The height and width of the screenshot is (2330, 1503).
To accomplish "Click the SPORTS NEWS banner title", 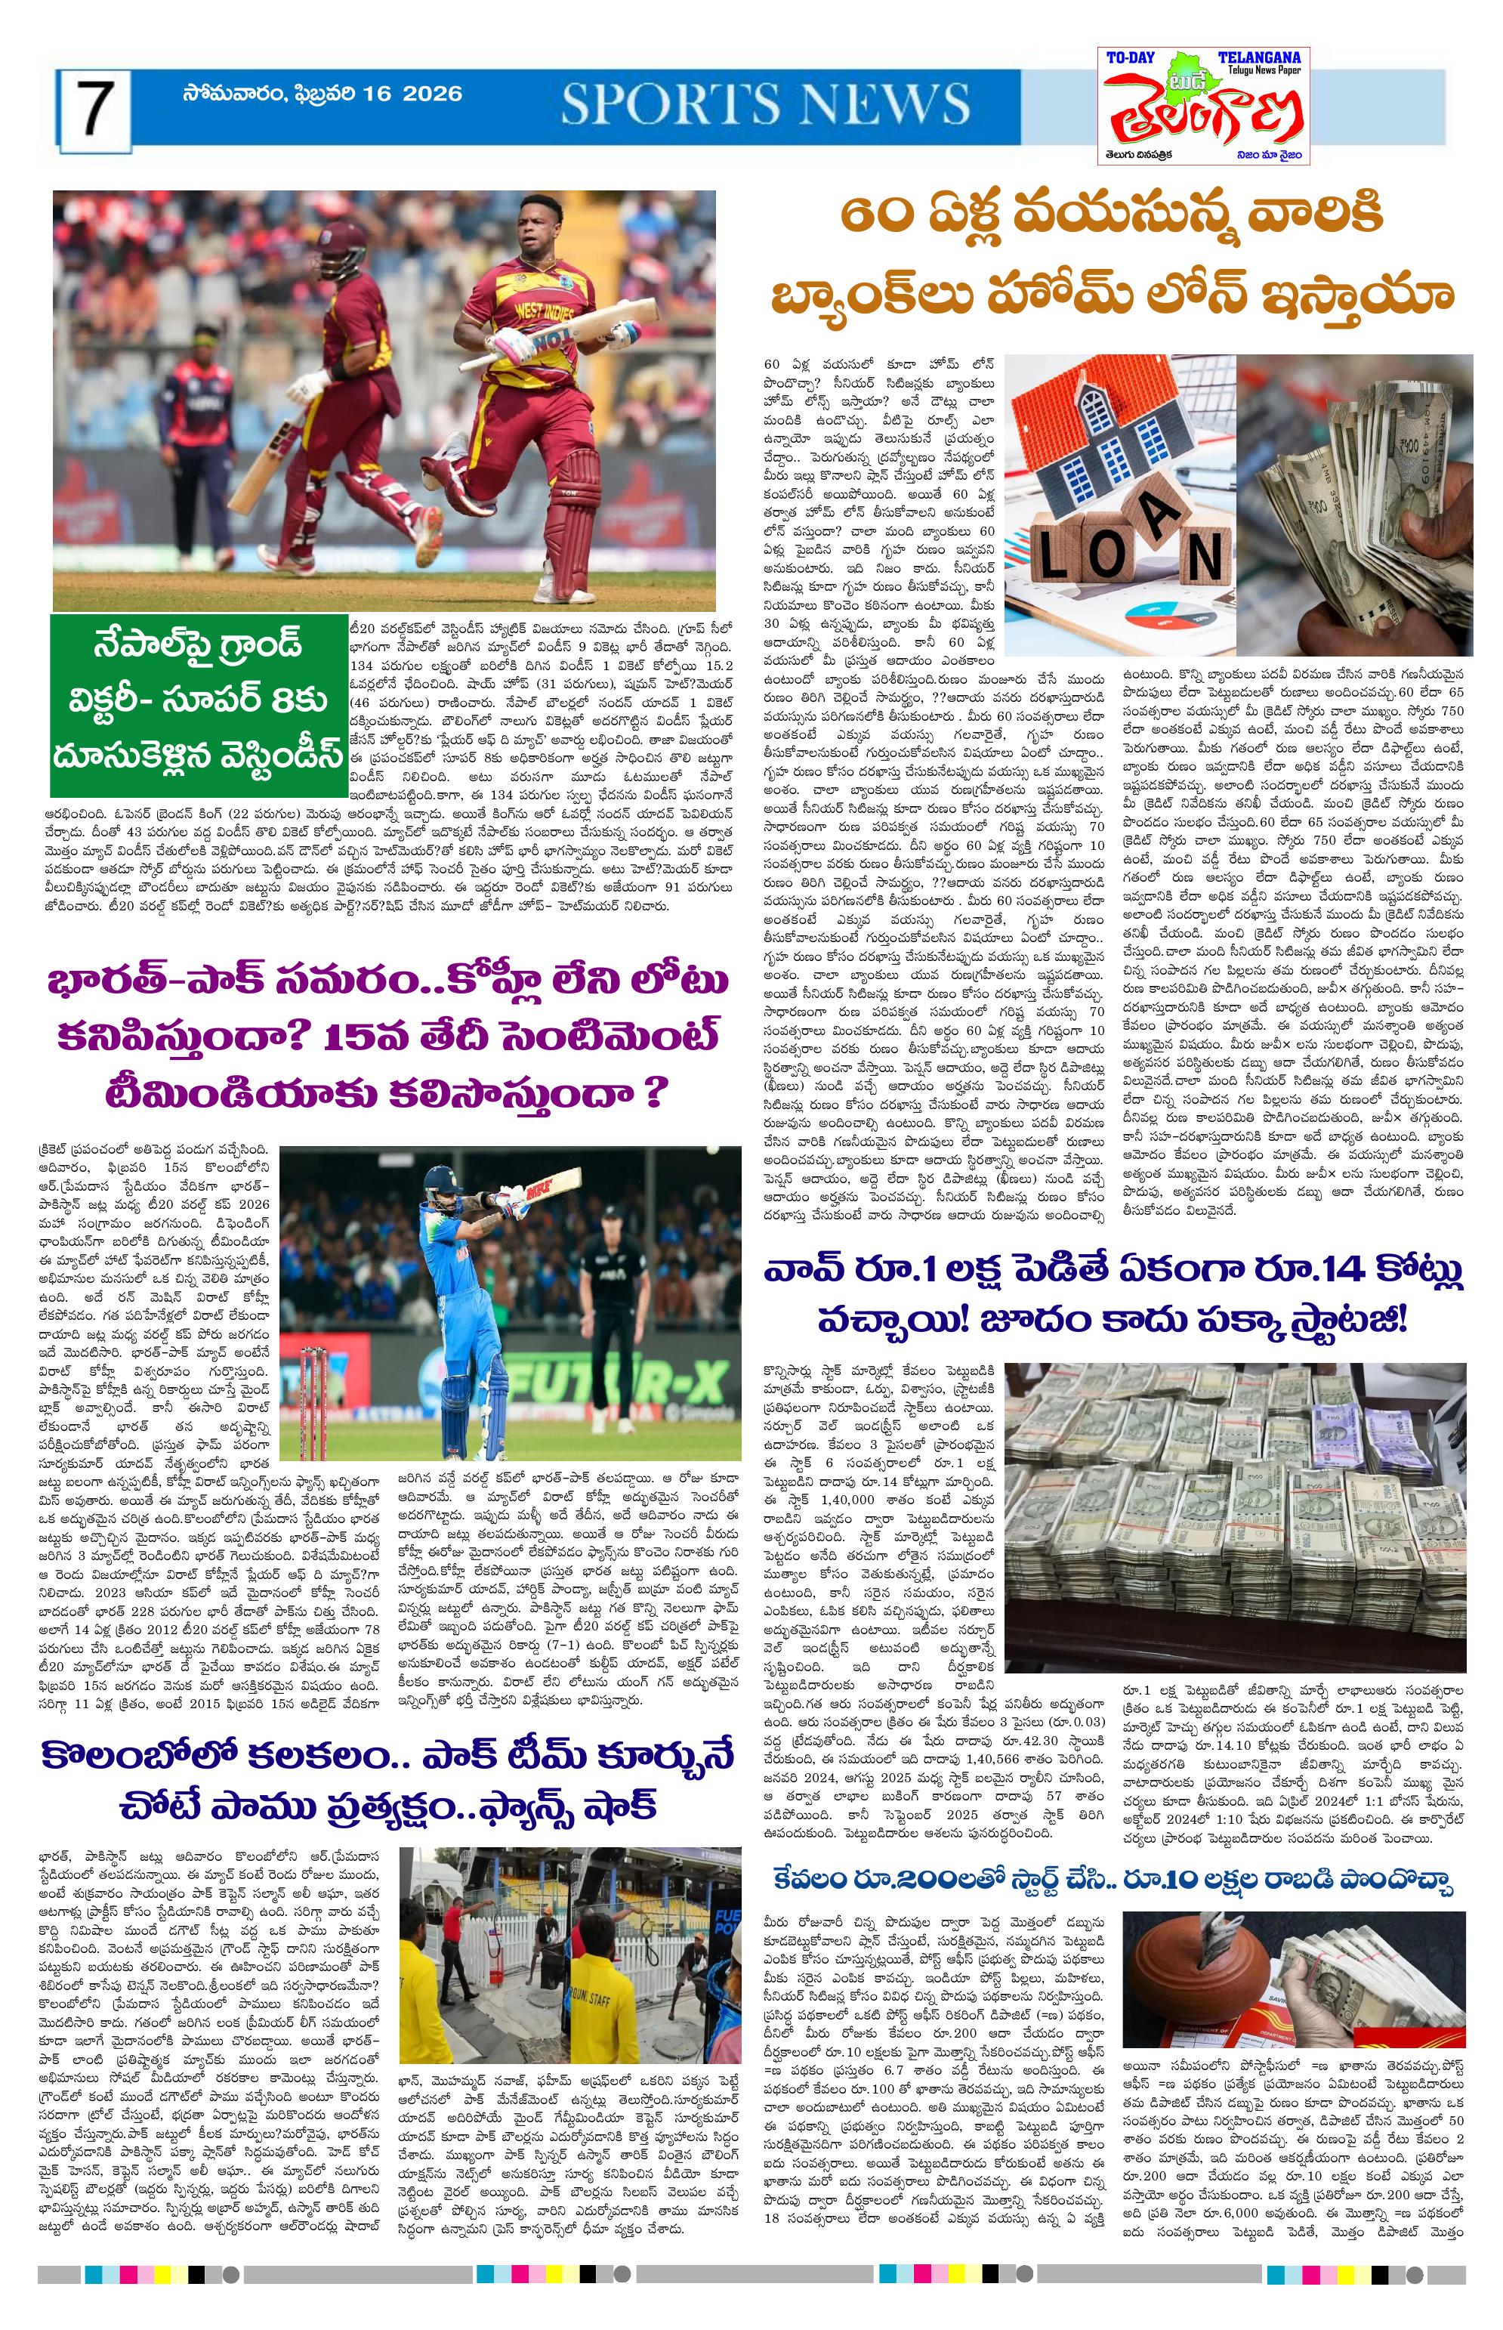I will click(765, 104).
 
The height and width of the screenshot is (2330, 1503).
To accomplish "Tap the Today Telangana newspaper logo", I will click(1202, 106).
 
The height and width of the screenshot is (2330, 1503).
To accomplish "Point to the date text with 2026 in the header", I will click(322, 94).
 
